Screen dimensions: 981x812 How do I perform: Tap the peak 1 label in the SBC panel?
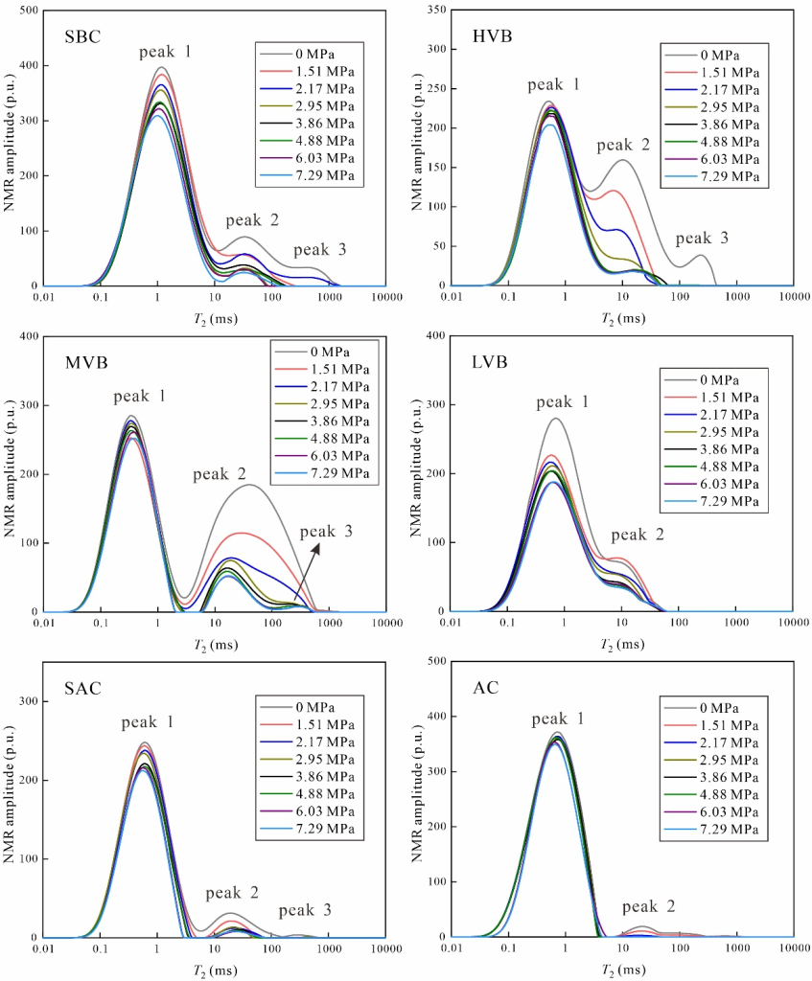164,51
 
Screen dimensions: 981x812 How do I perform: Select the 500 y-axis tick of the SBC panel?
30,11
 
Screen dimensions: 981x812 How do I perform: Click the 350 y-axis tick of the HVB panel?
435,11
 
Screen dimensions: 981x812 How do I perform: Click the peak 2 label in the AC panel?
648,906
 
